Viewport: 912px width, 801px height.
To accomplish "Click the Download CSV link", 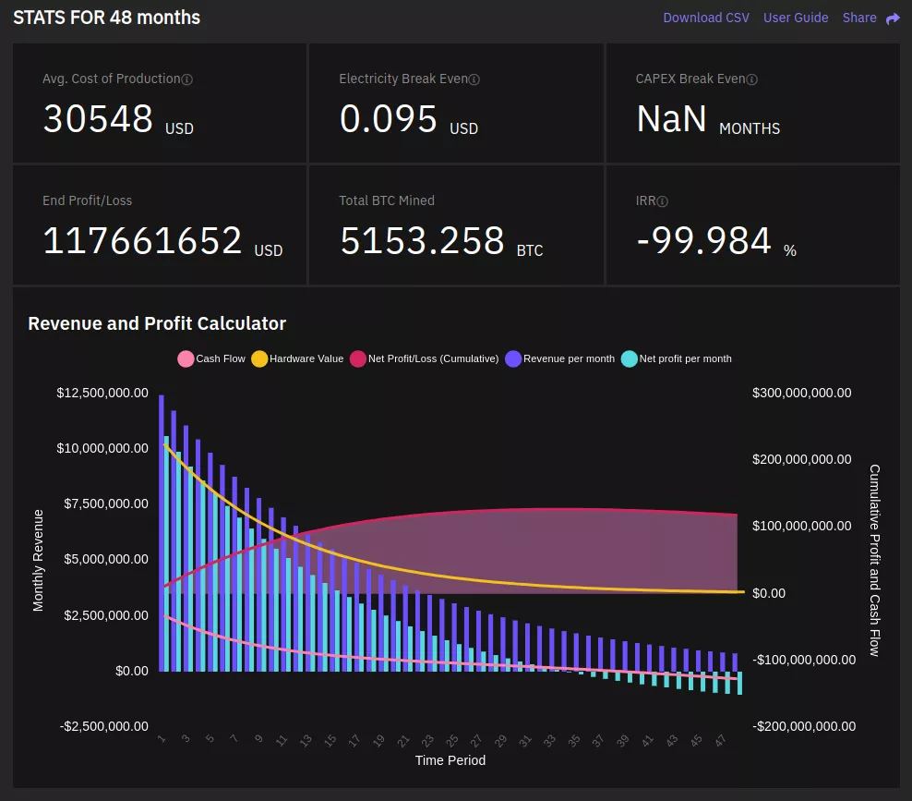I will coord(705,18).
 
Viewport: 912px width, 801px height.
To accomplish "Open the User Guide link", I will coord(795,18).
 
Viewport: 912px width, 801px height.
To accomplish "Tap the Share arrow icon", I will coord(893,18).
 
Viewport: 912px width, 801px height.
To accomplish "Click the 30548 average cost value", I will coord(98,119).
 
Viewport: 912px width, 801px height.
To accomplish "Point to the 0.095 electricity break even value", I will coord(388,119).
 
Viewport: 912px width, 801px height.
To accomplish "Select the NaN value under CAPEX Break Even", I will coord(671,119).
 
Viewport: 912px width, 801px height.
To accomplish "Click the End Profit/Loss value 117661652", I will coord(142,241).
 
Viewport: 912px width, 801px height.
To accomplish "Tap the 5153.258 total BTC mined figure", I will coord(422,241).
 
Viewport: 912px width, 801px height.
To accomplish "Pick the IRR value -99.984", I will coord(703,241).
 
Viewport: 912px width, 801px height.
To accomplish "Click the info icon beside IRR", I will coord(663,201).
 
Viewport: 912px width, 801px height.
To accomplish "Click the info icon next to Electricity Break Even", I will coord(474,79).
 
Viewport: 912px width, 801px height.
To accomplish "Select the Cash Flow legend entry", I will coord(211,358).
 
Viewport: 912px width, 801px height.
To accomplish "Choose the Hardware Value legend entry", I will coord(297,358).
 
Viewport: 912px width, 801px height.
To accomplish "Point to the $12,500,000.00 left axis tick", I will coord(102,393).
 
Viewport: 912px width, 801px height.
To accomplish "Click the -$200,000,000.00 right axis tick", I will coord(803,726).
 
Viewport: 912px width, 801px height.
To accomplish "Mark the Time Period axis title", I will coord(450,760).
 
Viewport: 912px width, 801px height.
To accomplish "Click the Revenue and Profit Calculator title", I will coord(157,323).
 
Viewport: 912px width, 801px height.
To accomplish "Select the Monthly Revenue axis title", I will coord(39,560).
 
